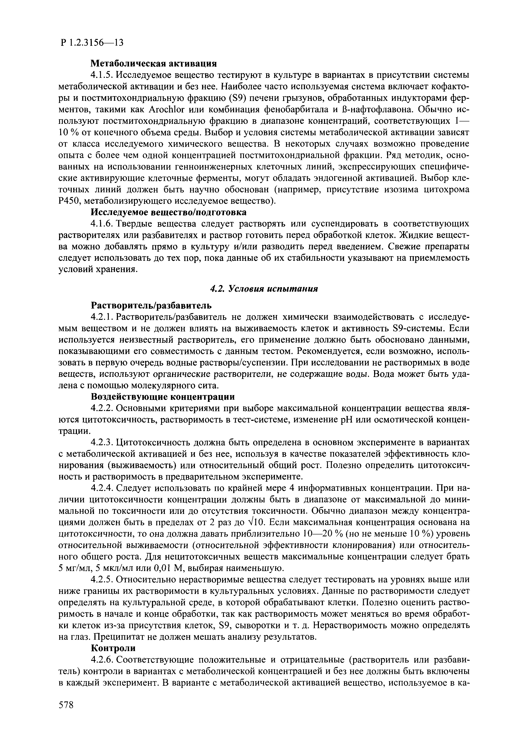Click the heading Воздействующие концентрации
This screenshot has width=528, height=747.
pyautogui.click(x=162, y=397)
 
